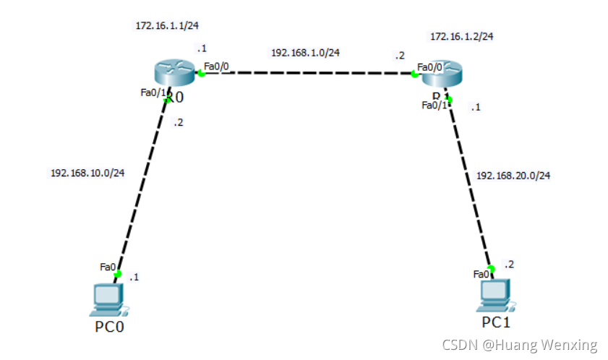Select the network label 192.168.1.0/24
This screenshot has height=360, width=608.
305,52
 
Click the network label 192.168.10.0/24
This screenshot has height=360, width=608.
87,173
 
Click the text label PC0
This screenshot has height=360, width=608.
110,327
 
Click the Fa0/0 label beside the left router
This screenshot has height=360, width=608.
217,67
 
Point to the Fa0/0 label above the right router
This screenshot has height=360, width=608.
430,67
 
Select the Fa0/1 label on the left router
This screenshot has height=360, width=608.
153,93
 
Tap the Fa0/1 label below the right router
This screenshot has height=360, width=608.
435,106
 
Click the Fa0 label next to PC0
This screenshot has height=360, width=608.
108,267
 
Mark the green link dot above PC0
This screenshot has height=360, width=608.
118,273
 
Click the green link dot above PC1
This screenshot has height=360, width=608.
490,269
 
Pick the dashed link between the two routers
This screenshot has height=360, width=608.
307,73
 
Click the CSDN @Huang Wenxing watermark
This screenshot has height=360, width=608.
520,345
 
